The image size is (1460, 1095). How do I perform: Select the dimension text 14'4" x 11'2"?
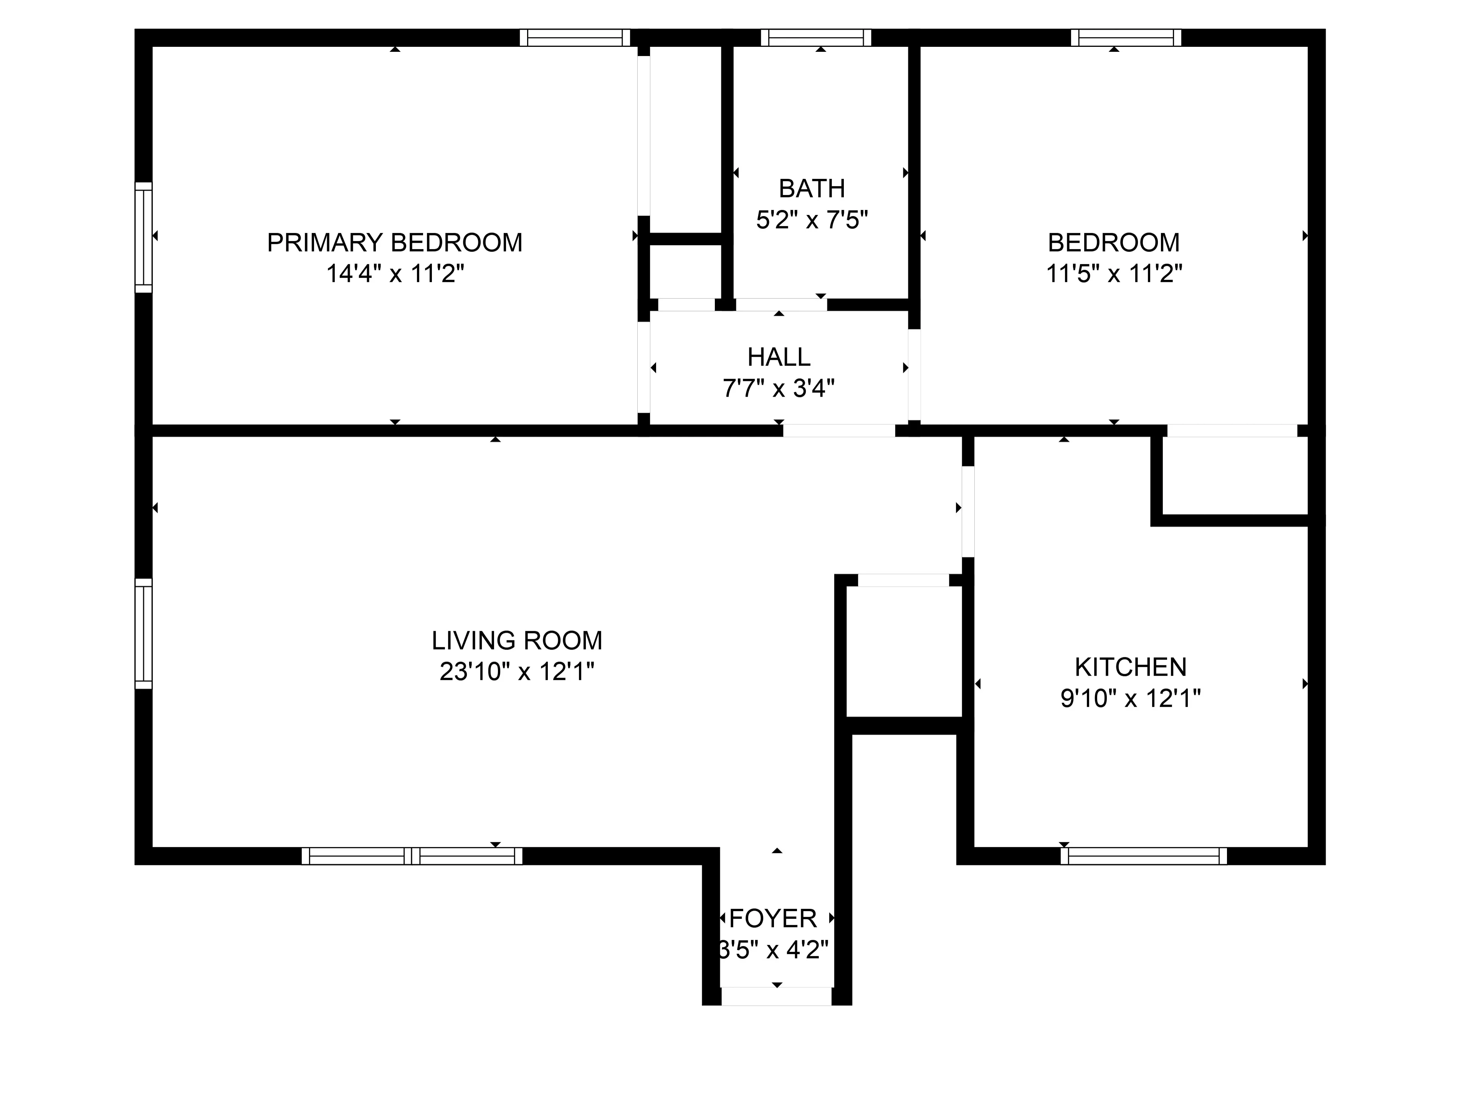pyautogui.click(x=395, y=273)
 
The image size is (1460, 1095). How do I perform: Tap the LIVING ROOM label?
pyautogui.click(x=517, y=640)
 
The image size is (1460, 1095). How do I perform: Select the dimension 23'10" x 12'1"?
pyautogui.click(x=517, y=671)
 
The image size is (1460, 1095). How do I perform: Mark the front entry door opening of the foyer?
pyautogui.click(x=776, y=997)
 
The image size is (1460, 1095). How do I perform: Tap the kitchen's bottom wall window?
pyautogui.click(x=1143, y=856)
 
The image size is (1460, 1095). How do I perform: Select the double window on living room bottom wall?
pyautogui.click(x=412, y=856)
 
